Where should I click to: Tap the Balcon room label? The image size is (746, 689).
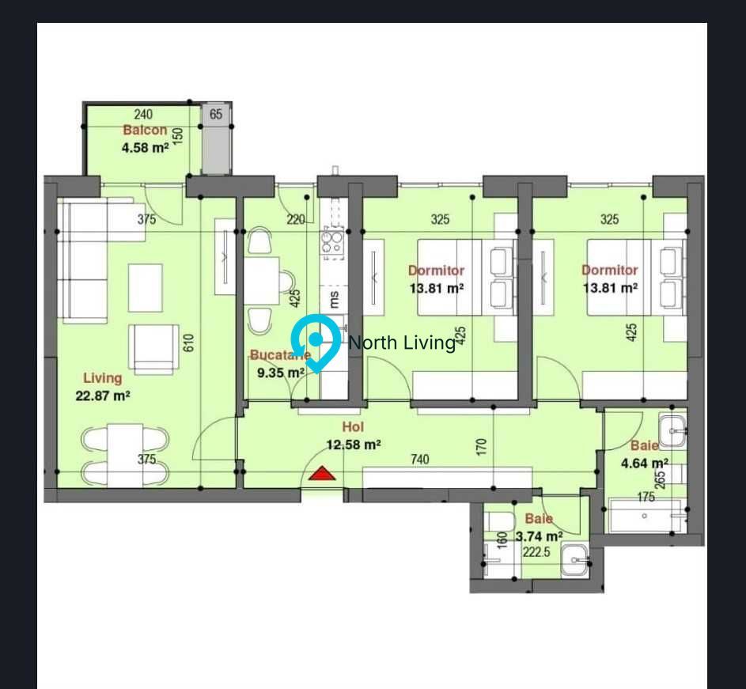point(145,131)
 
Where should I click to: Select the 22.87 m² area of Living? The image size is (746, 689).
point(103,396)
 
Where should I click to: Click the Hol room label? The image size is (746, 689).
point(352,428)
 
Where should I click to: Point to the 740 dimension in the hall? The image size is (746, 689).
point(419,459)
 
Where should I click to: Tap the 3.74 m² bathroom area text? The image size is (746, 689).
point(539,536)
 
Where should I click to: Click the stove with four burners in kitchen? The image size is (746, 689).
point(333,242)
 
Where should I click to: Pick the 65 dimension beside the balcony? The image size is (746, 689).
point(216,114)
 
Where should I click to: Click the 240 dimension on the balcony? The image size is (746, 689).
point(143,115)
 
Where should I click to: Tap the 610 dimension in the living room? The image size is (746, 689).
point(188,343)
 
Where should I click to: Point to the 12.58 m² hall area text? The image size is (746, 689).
point(354,445)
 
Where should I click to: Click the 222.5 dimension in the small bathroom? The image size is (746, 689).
point(536,552)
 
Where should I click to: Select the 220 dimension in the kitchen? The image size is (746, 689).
point(296,220)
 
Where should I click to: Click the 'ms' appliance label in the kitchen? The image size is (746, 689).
point(334,299)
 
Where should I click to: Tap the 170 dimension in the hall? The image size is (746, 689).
point(482,448)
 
